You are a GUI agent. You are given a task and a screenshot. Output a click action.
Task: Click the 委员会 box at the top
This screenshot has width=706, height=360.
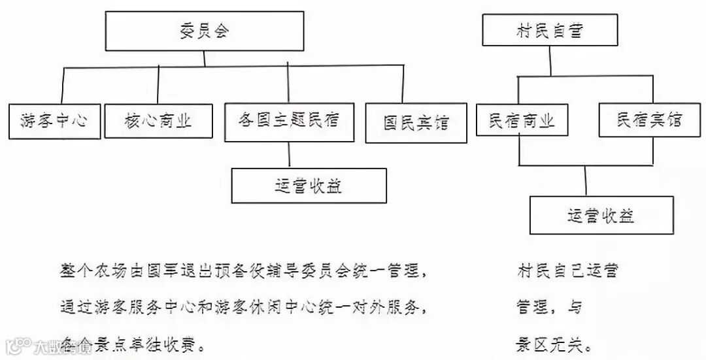tap(204, 31)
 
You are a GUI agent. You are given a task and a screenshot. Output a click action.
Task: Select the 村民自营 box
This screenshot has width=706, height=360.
tap(549, 31)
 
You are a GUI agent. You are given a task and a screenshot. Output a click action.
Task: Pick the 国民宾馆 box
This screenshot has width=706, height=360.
tap(416, 123)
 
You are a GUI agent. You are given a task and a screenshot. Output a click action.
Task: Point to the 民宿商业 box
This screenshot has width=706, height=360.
tap(521, 121)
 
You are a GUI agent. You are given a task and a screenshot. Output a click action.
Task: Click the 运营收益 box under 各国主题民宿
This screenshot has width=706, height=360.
tap(309, 186)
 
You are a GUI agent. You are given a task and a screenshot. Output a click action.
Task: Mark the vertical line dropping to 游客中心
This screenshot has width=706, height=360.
tap(62, 85)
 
